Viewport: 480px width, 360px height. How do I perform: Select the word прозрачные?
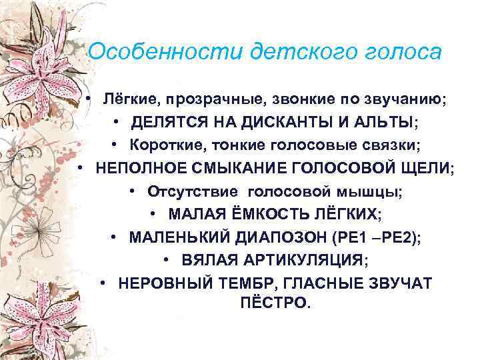(x=204, y=101)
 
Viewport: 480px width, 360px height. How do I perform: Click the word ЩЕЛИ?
(x=425, y=167)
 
